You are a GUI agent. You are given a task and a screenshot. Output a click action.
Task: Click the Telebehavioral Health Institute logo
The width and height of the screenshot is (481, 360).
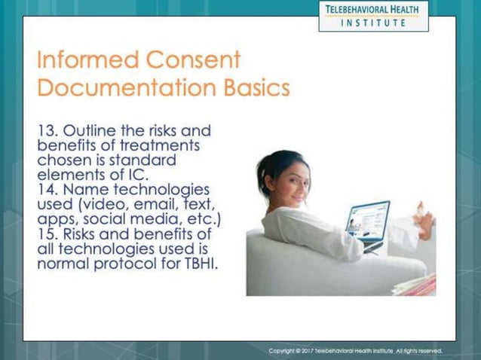point(373,15)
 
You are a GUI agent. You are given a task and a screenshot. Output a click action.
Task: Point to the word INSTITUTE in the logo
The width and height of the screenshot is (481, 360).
point(373,23)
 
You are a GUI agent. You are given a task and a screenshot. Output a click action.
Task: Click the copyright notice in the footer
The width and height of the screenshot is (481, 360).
point(355,350)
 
